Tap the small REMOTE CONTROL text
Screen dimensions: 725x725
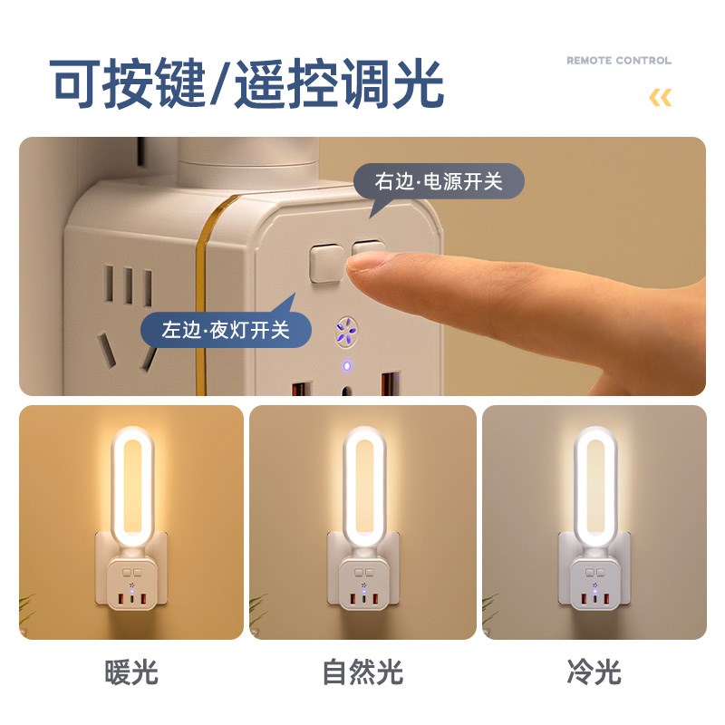619,61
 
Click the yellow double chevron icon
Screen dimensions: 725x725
661,98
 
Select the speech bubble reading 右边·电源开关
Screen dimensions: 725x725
439,181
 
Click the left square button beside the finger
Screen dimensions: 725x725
325,261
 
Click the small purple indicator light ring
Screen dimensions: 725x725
345,367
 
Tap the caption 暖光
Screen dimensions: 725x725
131,672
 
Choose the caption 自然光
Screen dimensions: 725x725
362,672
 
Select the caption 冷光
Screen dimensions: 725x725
594,672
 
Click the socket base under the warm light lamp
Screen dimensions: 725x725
132,584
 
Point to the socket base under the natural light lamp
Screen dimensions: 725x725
364,585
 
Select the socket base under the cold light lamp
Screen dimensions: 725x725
595,585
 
